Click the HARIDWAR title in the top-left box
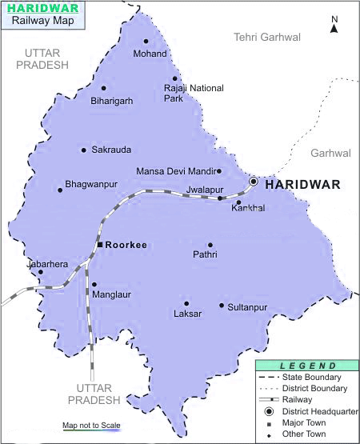point(43,8)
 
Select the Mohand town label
point(150,54)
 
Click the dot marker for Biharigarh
point(103,88)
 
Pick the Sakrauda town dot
point(83,150)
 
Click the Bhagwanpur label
point(91,184)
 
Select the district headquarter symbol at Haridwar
point(254,182)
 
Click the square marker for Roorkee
point(99,244)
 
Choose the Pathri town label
point(206,255)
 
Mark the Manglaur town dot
point(94,284)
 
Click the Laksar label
point(187,314)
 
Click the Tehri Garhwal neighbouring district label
point(266,37)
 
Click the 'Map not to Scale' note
point(91,425)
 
